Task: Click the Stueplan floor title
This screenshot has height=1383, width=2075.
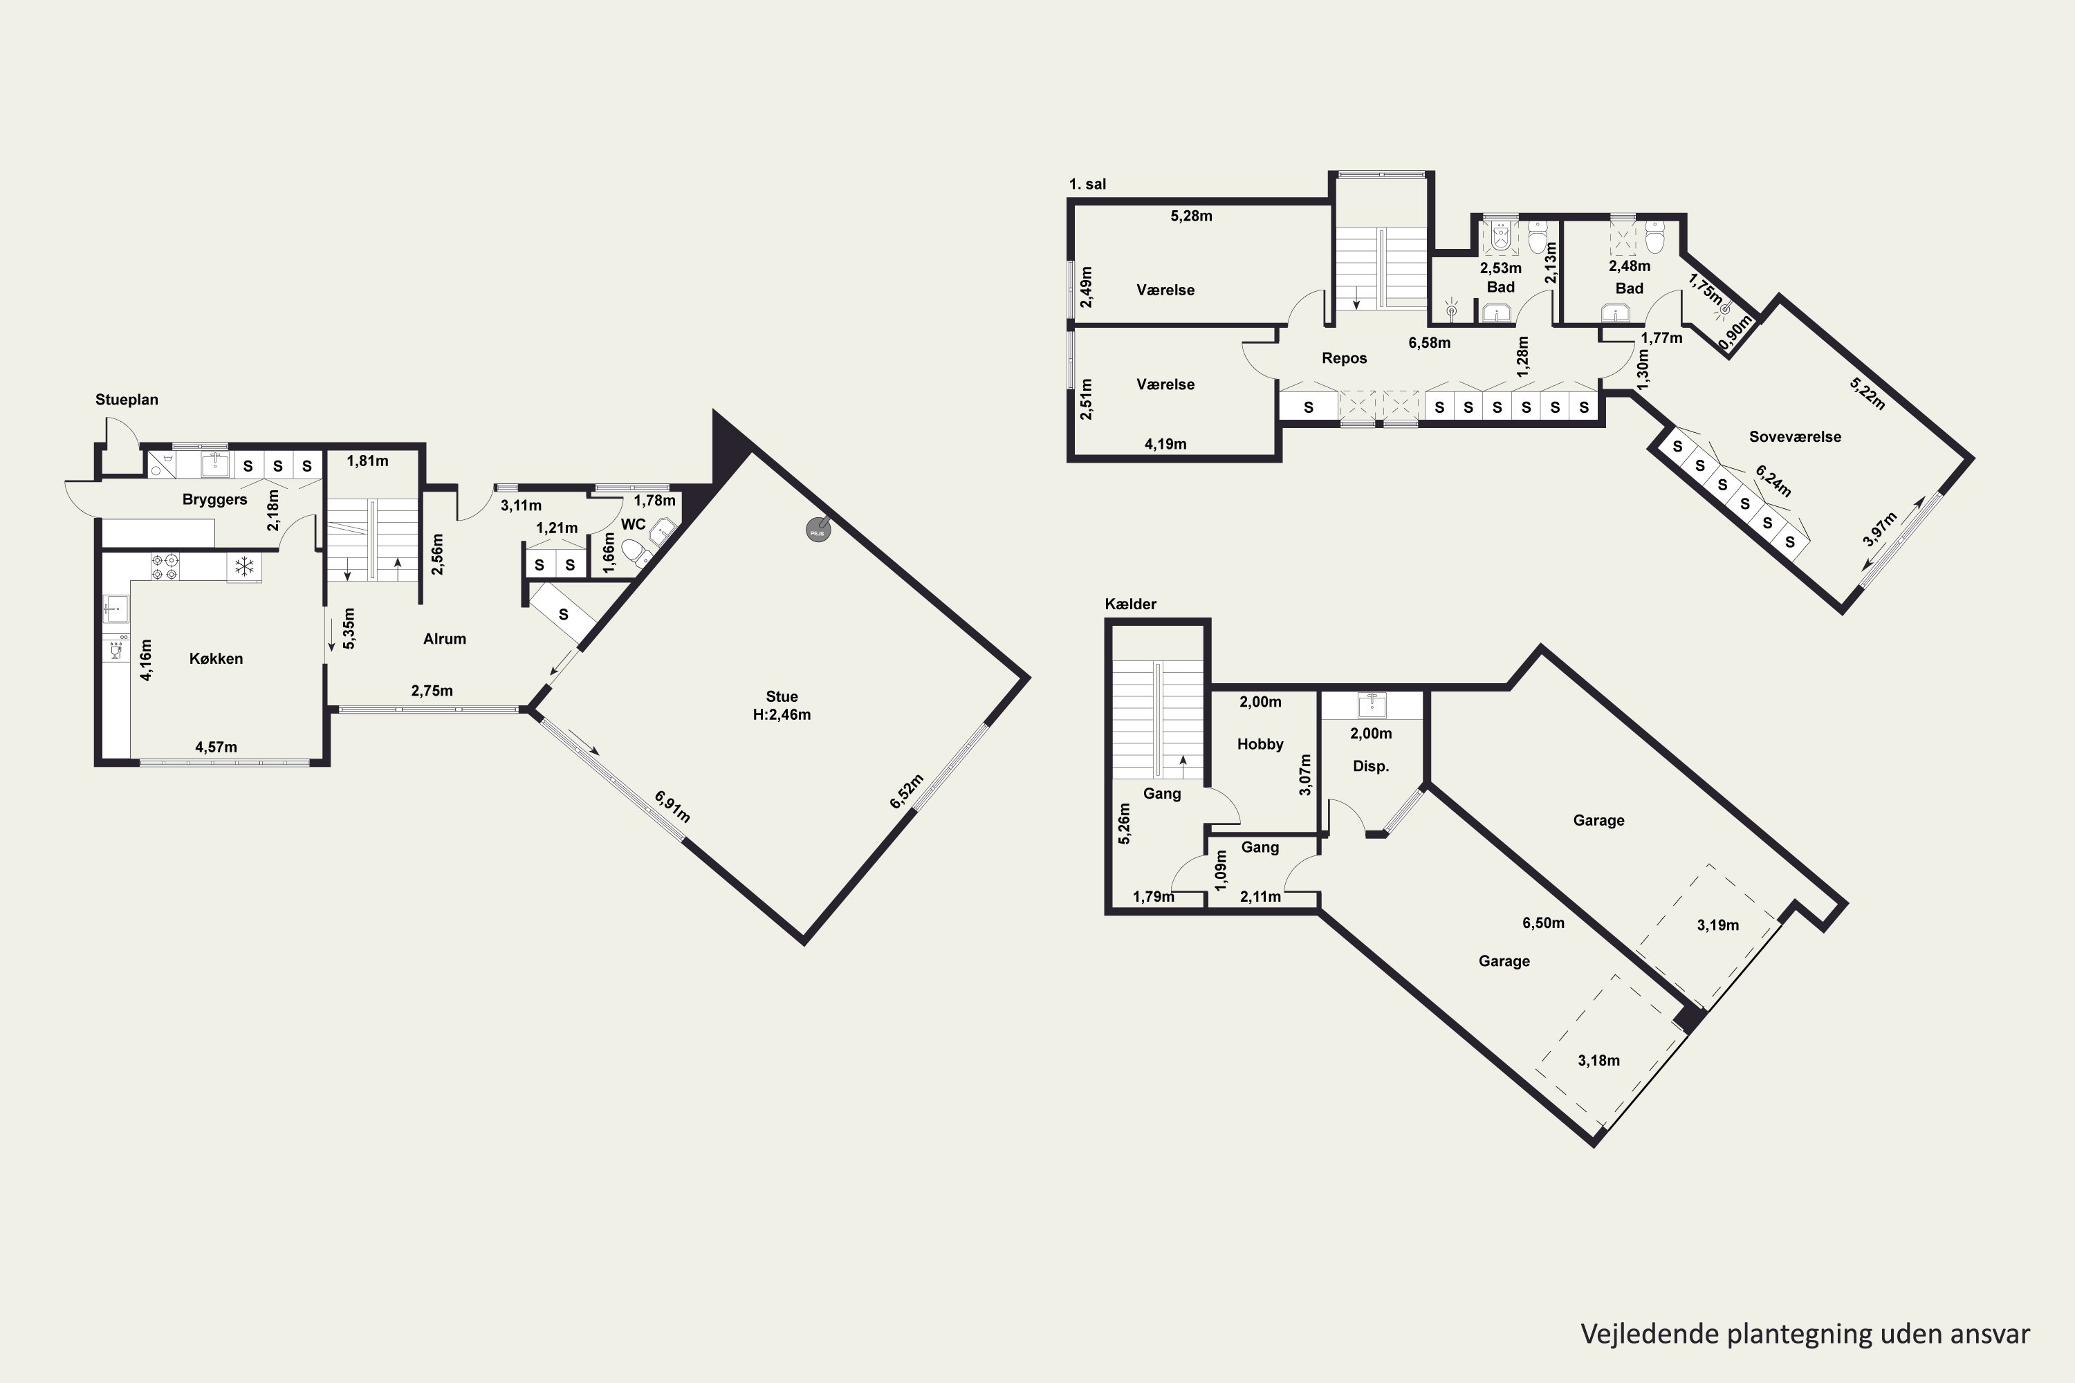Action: click(x=127, y=400)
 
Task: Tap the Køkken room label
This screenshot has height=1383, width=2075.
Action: click(x=216, y=659)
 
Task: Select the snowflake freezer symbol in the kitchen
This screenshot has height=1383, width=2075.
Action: click(x=244, y=566)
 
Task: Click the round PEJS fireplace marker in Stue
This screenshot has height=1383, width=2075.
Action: click(x=818, y=530)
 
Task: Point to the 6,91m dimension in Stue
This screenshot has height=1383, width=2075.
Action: click(x=672, y=806)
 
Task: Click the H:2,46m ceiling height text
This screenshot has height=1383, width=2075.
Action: click(x=782, y=715)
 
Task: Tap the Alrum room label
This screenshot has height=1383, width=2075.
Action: click(x=445, y=638)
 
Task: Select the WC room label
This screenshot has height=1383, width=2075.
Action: click(x=634, y=524)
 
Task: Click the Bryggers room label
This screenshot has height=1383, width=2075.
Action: click(x=214, y=500)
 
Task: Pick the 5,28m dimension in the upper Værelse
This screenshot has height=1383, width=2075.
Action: click(x=1191, y=216)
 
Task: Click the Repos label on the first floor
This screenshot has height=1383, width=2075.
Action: click(x=1345, y=358)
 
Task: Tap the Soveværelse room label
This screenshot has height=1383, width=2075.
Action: click(x=1796, y=436)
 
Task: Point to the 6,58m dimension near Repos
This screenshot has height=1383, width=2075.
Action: click(x=1429, y=343)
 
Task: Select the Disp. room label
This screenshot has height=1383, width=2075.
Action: click(x=1371, y=766)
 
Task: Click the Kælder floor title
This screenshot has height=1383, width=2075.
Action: click(x=1130, y=604)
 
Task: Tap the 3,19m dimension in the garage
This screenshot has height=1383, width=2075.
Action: click(x=1717, y=925)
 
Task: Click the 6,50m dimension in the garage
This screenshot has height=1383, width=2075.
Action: click(x=1543, y=923)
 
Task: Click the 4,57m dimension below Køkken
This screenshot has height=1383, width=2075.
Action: click(x=216, y=747)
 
